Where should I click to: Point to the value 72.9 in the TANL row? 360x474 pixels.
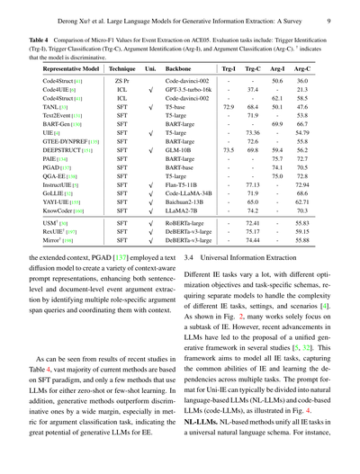[229, 106]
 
